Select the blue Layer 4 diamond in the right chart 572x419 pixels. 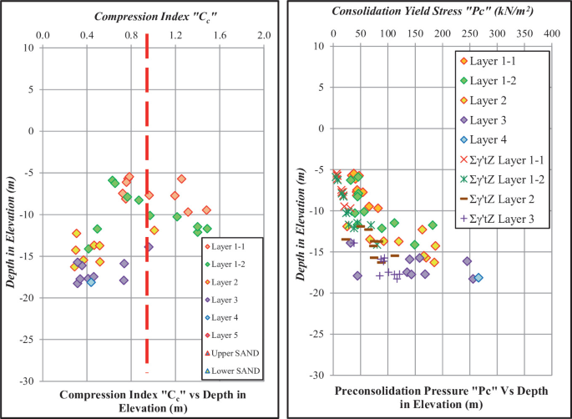click(x=478, y=278)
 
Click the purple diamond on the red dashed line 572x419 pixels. click(x=149, y=247)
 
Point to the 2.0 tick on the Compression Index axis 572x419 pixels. click(x=263, y=35)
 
